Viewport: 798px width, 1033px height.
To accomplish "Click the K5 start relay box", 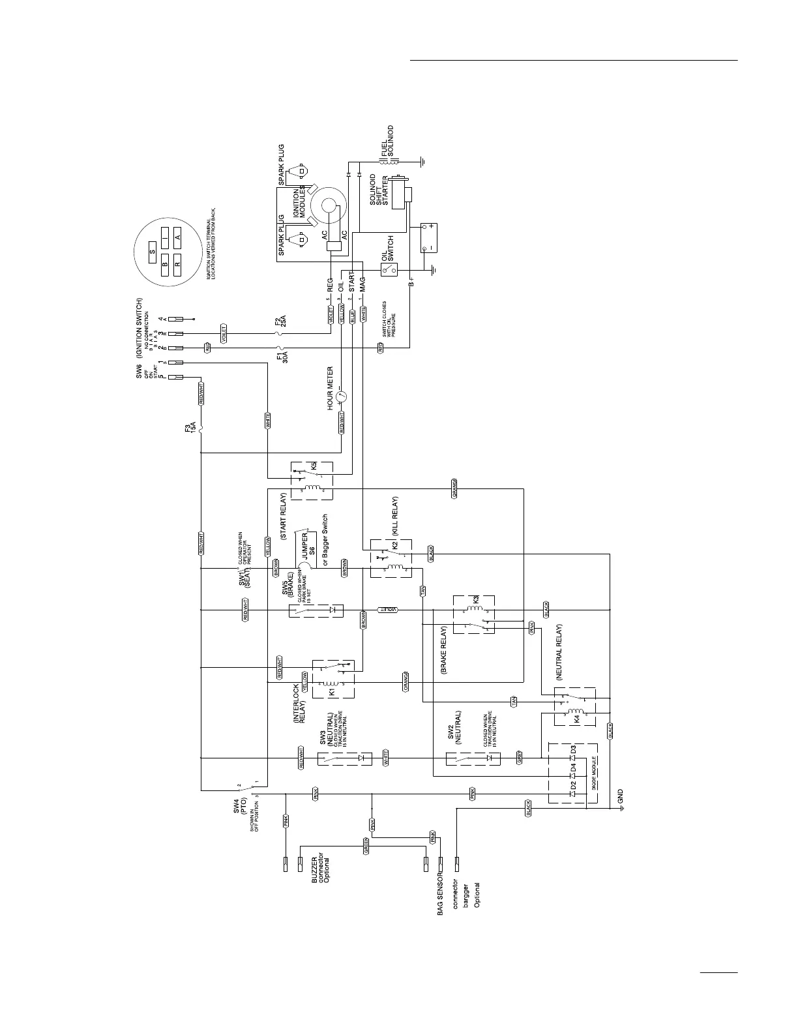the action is tap(311, 481).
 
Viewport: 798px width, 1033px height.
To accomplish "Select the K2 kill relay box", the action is tap(391, 558).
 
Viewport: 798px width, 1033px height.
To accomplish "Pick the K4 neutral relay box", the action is tap(574, 706).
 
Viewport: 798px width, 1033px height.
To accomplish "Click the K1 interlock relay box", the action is tap(333, 680).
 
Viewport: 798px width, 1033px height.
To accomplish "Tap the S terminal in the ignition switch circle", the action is tap(152, 250).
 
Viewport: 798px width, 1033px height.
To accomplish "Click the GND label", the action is tap(621, 795).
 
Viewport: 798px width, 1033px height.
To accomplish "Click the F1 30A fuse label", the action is tap(282, 358).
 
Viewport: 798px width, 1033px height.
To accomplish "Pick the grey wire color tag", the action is tap(520, 758).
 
